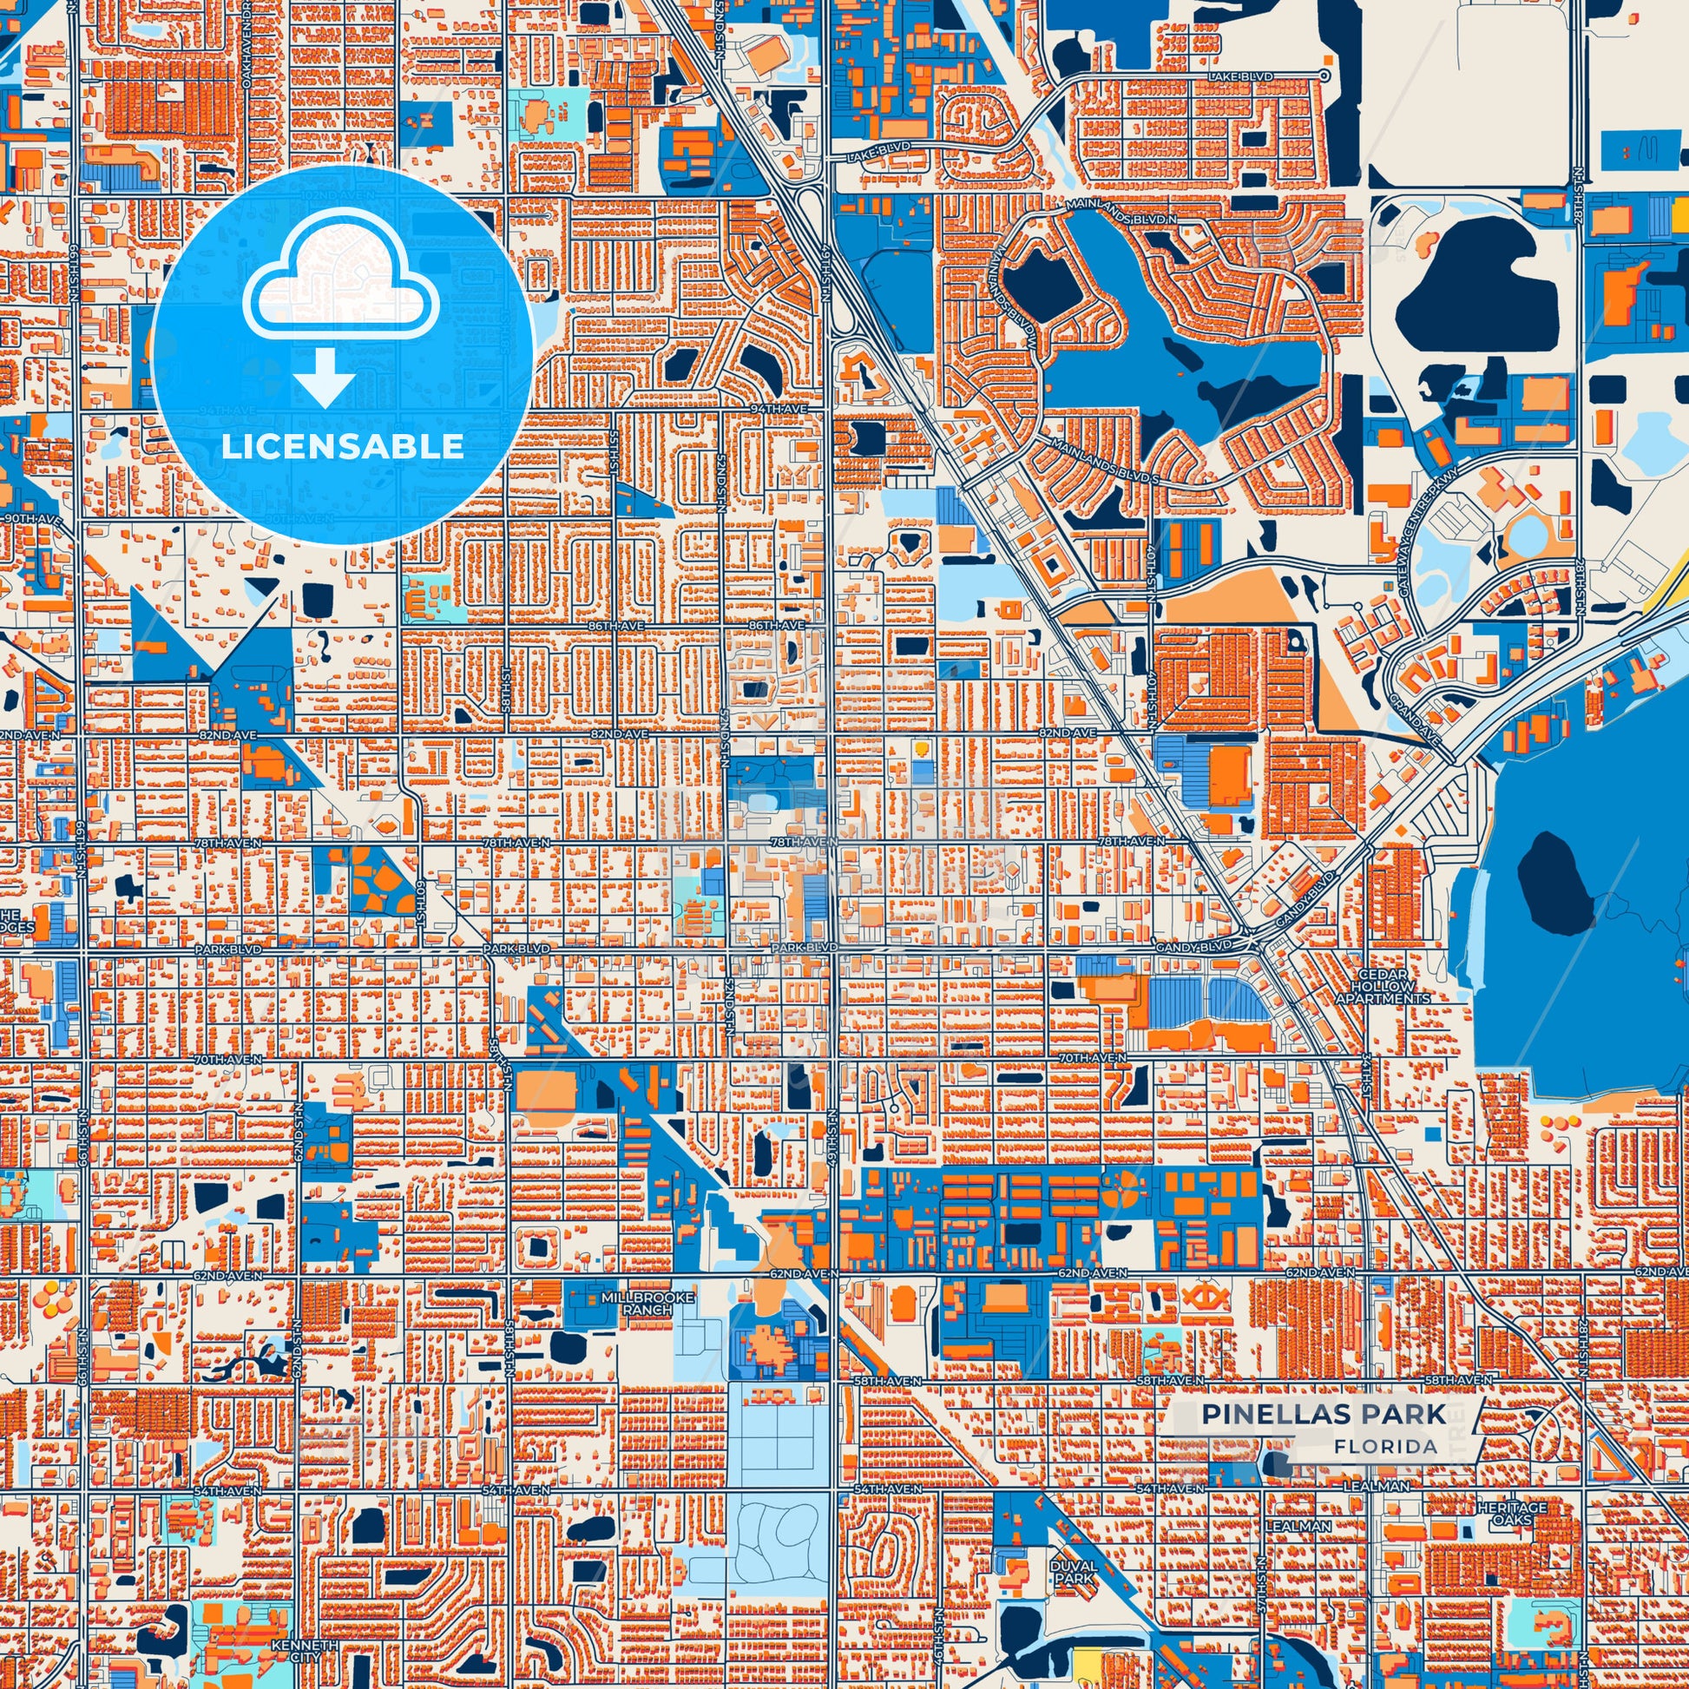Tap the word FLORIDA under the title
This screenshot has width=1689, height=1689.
pos(1385,1446)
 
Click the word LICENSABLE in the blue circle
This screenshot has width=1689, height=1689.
pos(342,446)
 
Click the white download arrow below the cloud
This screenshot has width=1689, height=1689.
pos(325,377)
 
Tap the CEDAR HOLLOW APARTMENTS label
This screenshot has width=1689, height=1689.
pos(1382,986)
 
